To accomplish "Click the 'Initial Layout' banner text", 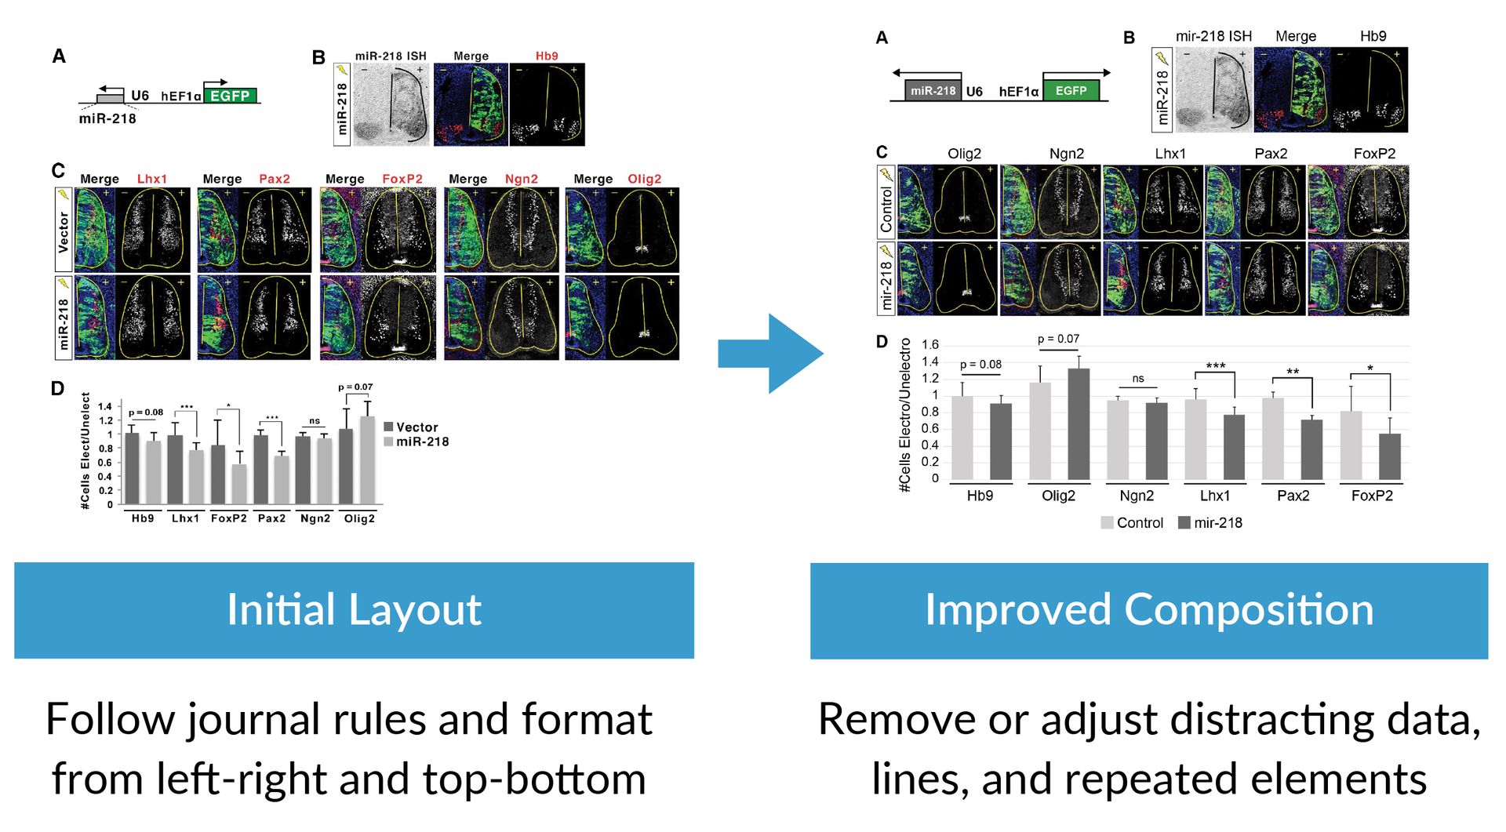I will click(x=354, y=610).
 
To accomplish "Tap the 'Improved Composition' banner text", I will click(x=1149, y=610).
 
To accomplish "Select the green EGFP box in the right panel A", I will click(x=1071, y=91).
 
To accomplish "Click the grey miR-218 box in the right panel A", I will click(x=933, y=91).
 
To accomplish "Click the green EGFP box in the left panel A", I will click(x=229, y=96).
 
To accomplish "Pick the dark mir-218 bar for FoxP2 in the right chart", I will click(x=1390, y=456).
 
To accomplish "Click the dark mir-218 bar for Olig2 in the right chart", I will click(x=1079, y=424).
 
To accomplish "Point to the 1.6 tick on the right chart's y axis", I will click(x=929, y=344).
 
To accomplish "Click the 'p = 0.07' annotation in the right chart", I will click(x=1058, y=339).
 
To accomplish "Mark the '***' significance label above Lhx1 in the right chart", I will click(x=1216, y=366).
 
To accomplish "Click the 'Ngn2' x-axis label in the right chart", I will click(x=1137, y=496).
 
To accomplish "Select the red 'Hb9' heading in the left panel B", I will click(x=547, y=56).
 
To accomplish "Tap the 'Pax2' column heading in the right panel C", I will click(x=1271, y=154).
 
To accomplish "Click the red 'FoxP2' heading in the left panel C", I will click(x=402, y=179).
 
